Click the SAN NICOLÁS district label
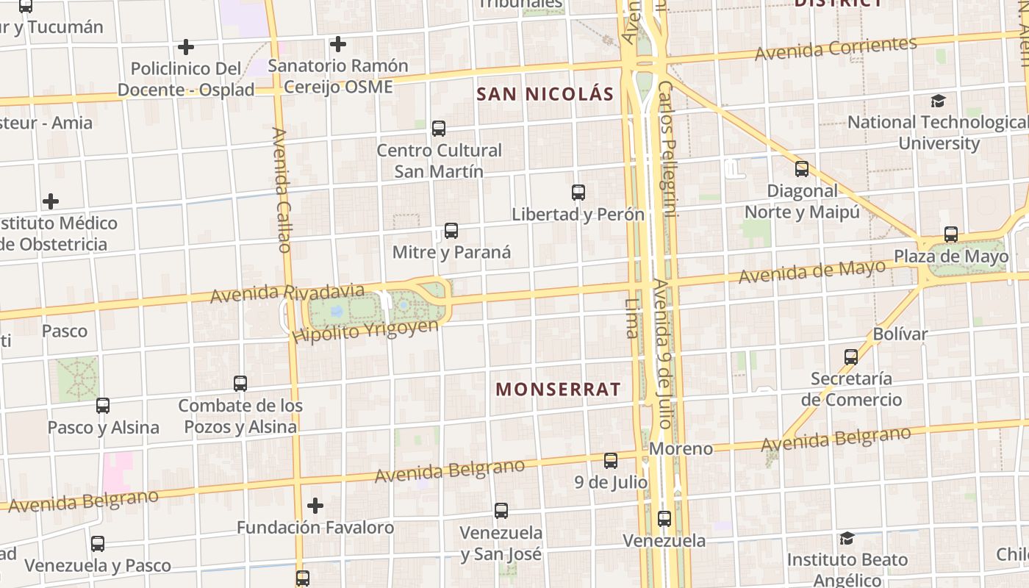(x=545, y=94)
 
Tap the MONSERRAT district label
(x=559, y=390)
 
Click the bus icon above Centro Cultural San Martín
(x=439, y=129)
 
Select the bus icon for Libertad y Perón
(x=578, y=193)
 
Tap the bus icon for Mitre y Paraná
(x=451, y=231)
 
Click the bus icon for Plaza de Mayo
(x=951, y=235)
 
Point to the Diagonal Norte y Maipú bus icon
(x=802, y=169)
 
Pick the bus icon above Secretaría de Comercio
(x=851, y=357)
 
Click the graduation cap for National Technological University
(x=938, y=101)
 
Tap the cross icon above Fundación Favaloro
(x=315, y=506)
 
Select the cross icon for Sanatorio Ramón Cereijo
(x=338, y=44)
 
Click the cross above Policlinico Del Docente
(x=186, y=47)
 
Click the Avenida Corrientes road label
(x=836, y=49)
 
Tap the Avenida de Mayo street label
(x=811, y=272)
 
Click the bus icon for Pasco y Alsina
(x=103, y=406)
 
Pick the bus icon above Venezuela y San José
(x=501, y=510)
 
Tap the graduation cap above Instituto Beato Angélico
(x=847, y=538)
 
